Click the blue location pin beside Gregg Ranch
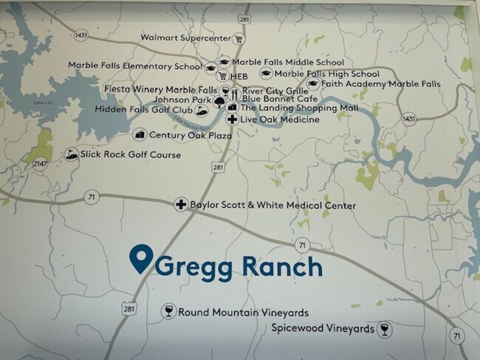point(140,259)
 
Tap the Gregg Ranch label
point(238,266)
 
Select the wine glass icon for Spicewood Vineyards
point(384,329)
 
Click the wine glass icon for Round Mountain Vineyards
point(168,311)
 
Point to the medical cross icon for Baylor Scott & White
point(179,204)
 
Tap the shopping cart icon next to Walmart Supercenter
point(239,38)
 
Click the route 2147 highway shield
point(41,163)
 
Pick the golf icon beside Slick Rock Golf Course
point(72,154)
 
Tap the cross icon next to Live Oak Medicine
point(231,119)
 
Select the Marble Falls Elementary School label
point(134,65)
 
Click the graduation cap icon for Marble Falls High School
point(265,74)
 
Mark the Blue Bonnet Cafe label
point(284,98)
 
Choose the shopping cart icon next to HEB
point(222,76)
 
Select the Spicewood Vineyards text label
point(323,328)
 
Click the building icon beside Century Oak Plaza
point(140,135)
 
